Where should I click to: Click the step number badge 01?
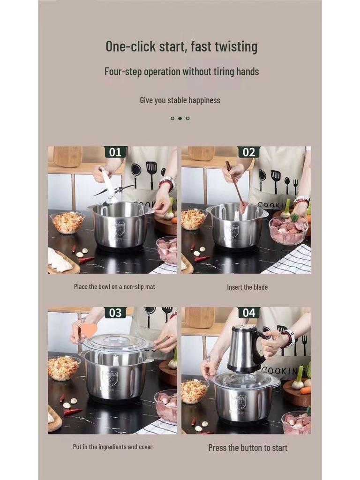tap(115, 152)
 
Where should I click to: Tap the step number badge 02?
tap(248, 152)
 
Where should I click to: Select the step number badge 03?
tap(115, 313)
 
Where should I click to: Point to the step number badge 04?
tap(248, 313)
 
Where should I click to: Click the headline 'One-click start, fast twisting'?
tap(181, 46)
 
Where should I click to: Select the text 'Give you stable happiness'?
tap(180, 100)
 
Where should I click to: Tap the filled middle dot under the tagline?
tap(180, 118)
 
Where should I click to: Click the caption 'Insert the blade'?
tap(247, 287)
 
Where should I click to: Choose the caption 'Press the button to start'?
tap(247, 448)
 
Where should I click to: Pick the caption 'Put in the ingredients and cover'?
tap(112, 447)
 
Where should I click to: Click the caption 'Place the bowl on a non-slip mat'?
tap(114, 286)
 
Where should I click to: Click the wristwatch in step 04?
tap(288, 337)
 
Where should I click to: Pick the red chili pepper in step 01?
tap(86, 260)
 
